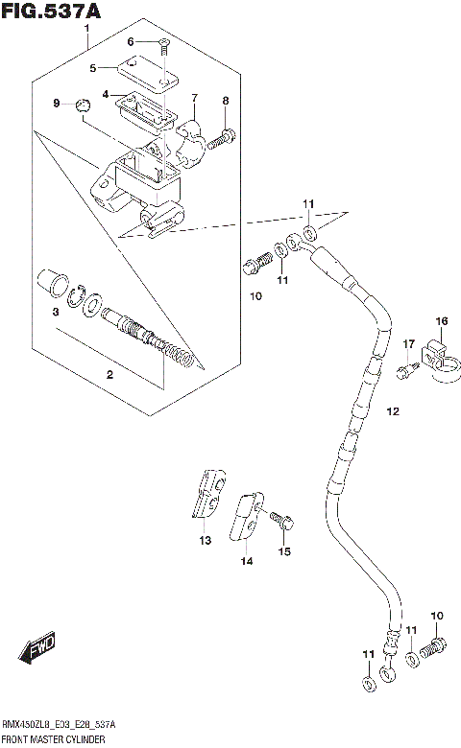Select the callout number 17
pos(408,344)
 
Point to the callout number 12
pos(392,411)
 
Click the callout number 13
pos(205,541)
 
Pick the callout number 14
pos(246,561)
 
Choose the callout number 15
pos(283,550)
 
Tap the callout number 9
pos(57,104)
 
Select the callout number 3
pos(56,313)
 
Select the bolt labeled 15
pos(281,521)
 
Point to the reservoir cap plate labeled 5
pos(142,71)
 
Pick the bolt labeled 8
pos(223,138)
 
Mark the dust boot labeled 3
pos(52,285)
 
